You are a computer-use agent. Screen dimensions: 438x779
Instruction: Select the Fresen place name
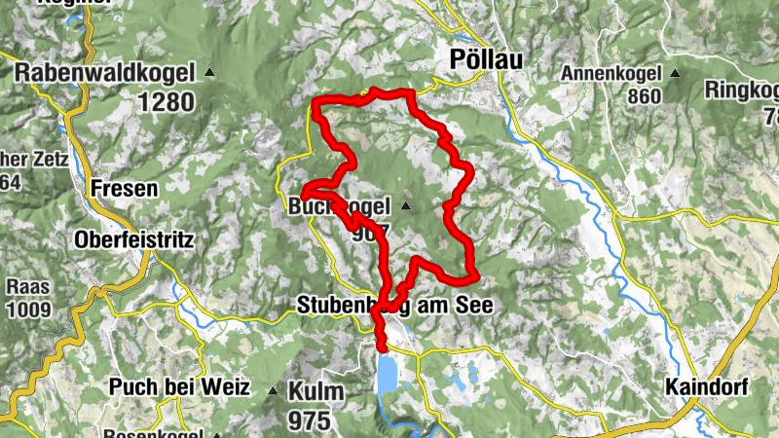[124, 188]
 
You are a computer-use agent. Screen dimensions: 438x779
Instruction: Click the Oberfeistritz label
[135, 239]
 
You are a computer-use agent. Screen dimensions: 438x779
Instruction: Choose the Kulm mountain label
[316, 392]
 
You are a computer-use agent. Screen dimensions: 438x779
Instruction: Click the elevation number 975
[310, 420]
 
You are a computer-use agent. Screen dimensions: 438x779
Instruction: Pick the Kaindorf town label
[707, 386]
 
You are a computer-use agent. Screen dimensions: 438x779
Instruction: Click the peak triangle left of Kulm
[273, 390]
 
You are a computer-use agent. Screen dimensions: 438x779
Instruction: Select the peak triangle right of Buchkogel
[405, 206]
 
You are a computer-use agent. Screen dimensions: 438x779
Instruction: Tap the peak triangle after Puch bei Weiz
[215, 435]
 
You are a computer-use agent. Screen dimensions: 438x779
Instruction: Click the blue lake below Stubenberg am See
[388, 374]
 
